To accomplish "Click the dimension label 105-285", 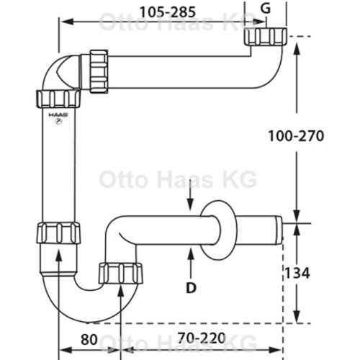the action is tap(168, 12).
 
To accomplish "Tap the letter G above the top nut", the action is tap(266, 9).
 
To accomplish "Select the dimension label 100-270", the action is tap(296, 136).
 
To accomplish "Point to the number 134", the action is tap(297, 273).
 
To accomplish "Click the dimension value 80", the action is tap(89, 339).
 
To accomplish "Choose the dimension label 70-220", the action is tap(202, 338).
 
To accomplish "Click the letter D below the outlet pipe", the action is tap(191, 288).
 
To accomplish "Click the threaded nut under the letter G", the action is tap(266, 36).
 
